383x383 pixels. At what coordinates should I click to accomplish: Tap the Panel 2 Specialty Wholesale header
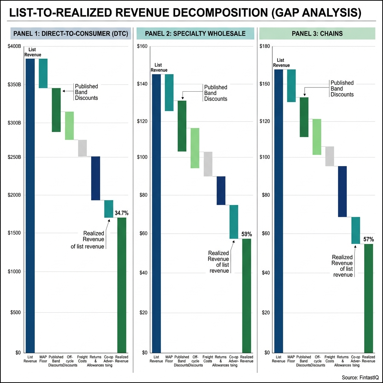pos(195,34)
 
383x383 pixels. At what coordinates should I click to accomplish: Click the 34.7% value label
pos(122,213)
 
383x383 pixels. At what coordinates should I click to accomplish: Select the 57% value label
pos(369,239)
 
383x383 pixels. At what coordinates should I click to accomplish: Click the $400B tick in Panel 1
pos(15,46)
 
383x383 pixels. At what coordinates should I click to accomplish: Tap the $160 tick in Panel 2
pos(142,46)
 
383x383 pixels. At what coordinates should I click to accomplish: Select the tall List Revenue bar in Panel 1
pos(30,206)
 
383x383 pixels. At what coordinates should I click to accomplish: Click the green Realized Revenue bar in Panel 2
pos(246,295)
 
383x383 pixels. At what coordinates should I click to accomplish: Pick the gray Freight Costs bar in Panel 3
pos(330,156)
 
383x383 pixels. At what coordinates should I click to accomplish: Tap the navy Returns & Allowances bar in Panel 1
pos(95,178)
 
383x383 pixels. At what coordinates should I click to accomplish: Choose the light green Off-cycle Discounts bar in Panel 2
pos(194,148)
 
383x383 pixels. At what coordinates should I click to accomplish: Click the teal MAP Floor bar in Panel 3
pos(291,86)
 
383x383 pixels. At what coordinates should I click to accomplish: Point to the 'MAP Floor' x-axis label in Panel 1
pos(43,359)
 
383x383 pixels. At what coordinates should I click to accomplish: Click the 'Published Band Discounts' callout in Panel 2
pos(215,93)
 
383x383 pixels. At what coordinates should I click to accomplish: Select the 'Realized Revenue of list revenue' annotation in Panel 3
pos(343,266)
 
